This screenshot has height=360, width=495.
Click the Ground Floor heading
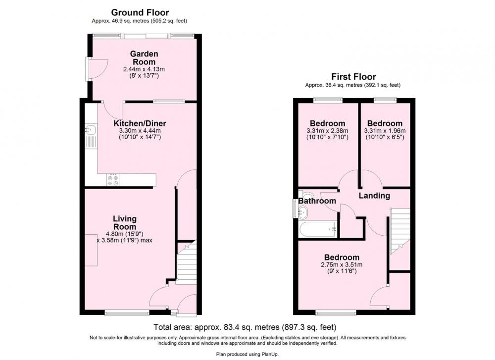click(140, 12)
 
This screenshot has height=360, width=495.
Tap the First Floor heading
click(353, 77)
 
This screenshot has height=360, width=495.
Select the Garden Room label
click(144, 58)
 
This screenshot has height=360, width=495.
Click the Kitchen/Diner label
click(140, 123)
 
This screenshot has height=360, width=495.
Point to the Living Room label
click(125, 223)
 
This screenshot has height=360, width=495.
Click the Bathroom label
click(317, 201)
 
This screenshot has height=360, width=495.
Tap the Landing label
click(374, 196)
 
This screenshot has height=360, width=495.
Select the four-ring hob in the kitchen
click(113, 180)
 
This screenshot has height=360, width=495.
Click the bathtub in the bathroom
click(318, 229)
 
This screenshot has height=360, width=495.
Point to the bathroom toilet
click(305, 195)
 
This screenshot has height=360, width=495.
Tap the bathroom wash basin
click(302, 212)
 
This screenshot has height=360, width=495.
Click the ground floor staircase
click(186, 263)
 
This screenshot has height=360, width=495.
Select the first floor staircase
click(400, 231)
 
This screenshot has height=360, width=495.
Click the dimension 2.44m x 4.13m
click(144, 69)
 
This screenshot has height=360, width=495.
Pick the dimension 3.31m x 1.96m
click(385, 131)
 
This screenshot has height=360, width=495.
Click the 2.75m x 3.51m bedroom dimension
click(342, 264)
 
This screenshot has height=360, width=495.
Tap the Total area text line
click(245, 327)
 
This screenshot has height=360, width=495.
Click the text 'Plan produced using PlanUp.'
click(247, 355)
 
